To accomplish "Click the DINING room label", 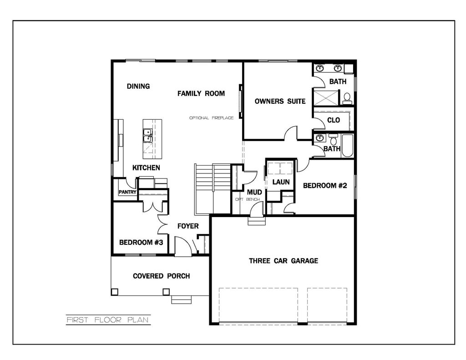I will [x=138, y=86].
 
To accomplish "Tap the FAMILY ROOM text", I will [x=201, y=94].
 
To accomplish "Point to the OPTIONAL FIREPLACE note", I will [x=212, y=118].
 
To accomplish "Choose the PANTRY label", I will [x=127, y=192].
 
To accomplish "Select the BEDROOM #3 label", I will [x=141, y=243].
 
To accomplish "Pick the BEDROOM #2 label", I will [x=325, y=185].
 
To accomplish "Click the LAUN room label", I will [x=281, y=182].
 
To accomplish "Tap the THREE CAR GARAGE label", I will [x=283, y=261].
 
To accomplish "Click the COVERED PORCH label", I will [x=161, y=276].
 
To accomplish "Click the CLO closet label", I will [x=334, y=120].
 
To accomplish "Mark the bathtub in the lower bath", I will [x=347, y=146].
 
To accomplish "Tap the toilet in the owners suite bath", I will [x=347, y=97].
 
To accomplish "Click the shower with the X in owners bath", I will [x=326, y=97].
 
